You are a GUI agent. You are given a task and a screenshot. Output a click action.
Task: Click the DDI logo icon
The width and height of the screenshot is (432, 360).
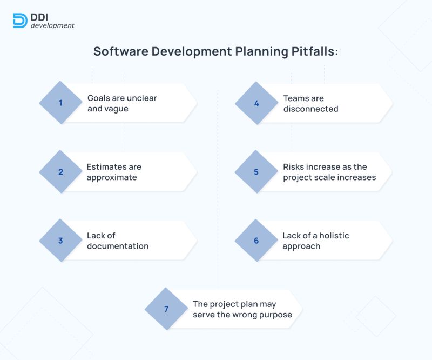[x=20, y=20]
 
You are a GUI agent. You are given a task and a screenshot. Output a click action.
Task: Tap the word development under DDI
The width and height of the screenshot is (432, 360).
[x=52, y=25]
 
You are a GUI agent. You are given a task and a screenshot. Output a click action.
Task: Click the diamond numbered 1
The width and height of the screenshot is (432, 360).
[x=61, y=103]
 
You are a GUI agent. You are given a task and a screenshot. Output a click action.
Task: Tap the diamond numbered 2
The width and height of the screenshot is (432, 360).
[x=61, y=172]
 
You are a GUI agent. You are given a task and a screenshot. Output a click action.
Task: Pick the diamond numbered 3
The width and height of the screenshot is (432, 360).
[x=61, y=241]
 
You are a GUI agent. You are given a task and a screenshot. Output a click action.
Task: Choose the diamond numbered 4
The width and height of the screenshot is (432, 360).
[x=256, y=103]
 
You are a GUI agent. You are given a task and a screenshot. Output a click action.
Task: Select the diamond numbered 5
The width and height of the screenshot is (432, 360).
[x=256, y=172]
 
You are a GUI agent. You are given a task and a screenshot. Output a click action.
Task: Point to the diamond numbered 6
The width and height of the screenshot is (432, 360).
[x=256, y=241]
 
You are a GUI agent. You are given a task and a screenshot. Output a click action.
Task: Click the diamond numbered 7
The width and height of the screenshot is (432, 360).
[x=166, y=309]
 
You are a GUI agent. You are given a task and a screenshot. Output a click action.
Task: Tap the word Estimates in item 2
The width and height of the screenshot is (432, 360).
[x=105, y=167]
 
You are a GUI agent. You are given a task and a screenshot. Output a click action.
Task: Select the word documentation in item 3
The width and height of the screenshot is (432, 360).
[x=118, y=246]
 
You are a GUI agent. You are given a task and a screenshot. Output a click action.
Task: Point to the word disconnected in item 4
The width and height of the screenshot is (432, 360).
[x=310, y=109]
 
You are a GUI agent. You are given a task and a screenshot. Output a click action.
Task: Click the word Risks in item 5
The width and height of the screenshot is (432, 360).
[x=294, y=167]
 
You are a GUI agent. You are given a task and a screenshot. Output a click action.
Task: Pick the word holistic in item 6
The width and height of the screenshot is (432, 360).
[x=334, y=236]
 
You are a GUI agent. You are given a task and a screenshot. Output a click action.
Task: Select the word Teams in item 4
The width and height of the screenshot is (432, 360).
[x=296, y=98]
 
